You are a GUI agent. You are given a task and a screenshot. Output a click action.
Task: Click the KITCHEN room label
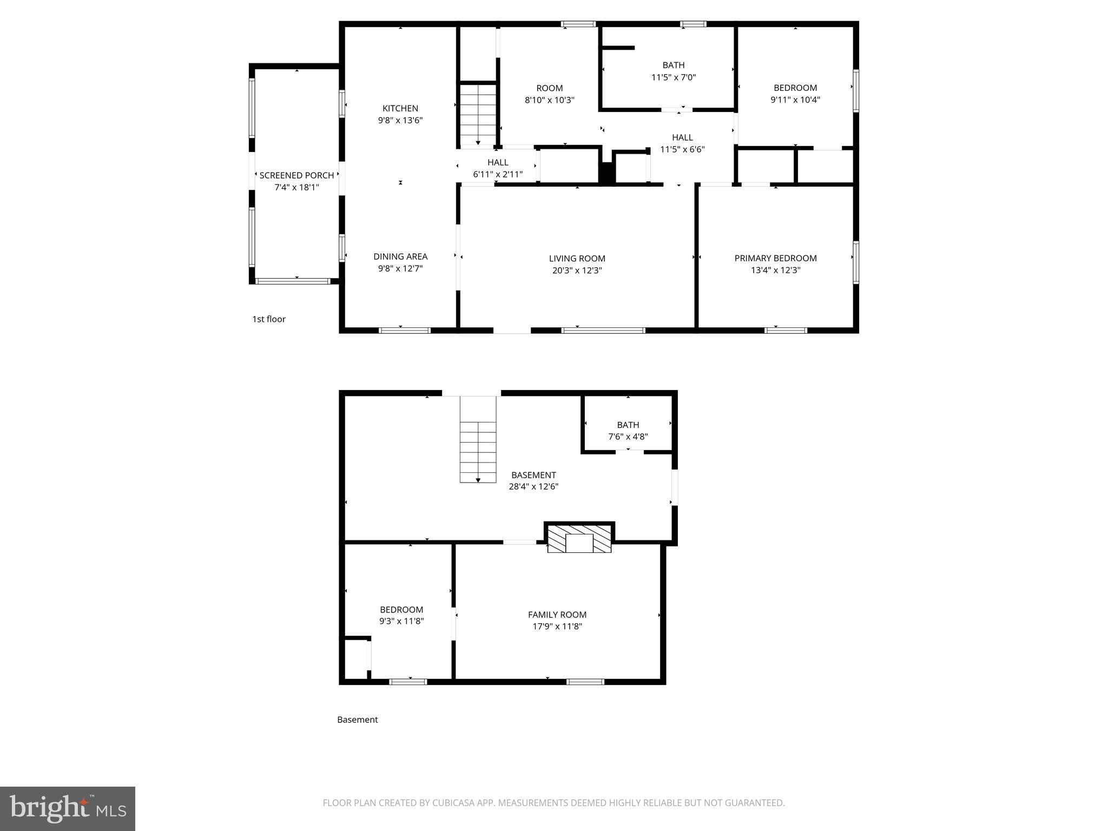[400, 108]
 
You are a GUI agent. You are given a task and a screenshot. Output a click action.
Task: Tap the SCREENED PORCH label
[296, 175]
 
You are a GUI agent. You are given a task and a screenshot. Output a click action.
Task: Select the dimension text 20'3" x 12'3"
[577, 271]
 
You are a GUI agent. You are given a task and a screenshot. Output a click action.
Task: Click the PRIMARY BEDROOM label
[775, 258]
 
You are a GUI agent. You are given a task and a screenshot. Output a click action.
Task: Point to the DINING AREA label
[400, 256]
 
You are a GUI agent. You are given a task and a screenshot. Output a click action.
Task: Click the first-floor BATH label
[673, 65]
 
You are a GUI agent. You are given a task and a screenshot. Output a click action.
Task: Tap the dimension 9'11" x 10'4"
[795, 100]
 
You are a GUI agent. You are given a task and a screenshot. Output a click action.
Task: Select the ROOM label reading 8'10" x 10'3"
[549, 88]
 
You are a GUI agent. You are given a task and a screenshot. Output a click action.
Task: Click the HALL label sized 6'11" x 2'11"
[497, 162]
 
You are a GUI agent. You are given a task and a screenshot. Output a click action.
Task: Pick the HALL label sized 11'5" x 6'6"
[682, 137]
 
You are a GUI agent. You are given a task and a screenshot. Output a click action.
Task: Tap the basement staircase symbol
[478, 439]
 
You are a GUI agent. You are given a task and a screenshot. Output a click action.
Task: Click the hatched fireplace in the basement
[579, 539]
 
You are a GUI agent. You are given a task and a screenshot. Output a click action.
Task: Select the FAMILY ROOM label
[557, 615]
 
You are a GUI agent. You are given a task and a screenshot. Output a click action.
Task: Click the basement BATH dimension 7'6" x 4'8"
[628, 437]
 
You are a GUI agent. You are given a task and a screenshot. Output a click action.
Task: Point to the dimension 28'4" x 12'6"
[533, 486]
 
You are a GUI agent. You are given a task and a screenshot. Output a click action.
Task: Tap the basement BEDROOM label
[401, 610]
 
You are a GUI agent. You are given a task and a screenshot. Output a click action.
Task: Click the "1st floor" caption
[268, 319]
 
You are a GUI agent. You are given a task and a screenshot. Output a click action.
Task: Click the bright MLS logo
[68, 808]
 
